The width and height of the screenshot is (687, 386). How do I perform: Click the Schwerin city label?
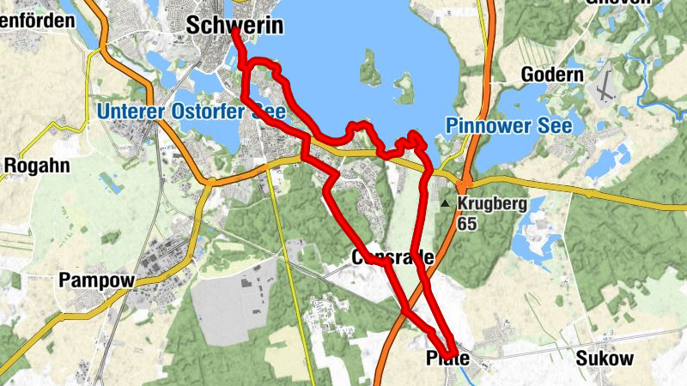234,27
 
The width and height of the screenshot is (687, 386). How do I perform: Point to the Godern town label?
552,75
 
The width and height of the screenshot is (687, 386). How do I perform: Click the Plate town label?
448,359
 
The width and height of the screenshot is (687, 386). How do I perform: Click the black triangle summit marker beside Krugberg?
445,204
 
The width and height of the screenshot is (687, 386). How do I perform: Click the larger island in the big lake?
371,68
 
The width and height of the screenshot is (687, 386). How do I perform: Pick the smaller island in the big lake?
404,87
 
